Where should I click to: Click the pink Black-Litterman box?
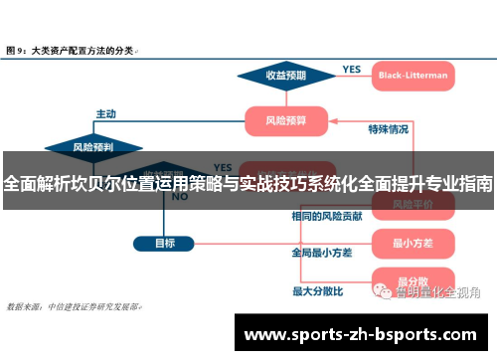pos(412,75)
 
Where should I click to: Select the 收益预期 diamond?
pos(285,75)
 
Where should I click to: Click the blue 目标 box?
pos(165,243)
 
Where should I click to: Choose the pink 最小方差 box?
pos(411,242)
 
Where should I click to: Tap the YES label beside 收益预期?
pos(352,69)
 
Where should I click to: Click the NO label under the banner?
pos(180,197)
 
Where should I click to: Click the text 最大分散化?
pos(317,291)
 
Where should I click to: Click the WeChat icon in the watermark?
pos(382,291)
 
